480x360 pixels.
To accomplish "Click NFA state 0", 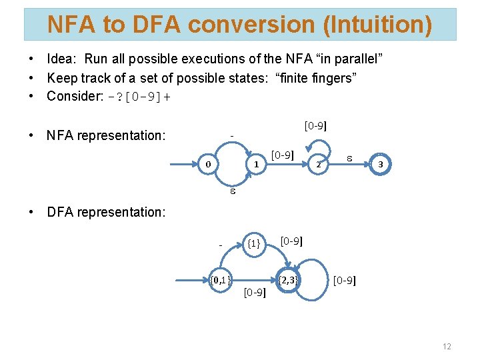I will click(x=209, y=164).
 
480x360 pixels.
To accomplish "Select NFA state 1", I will click(x=255, y=164).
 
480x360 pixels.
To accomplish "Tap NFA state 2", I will click(x=319, y=164).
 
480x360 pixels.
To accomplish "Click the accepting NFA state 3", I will click(x=380, y=164).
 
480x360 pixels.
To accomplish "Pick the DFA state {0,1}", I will click(x=221, y=279).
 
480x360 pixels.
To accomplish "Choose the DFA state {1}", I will click(x=253, y=243).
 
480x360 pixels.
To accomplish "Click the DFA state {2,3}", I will click(x=289, y=279).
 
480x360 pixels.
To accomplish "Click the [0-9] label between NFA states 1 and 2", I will click(x=282, y=155).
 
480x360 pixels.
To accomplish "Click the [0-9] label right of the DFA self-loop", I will click(x=345, y=280).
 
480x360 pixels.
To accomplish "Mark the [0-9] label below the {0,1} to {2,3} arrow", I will click(x=254, y=292).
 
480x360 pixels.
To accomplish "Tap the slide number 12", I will click(x=446, y=347).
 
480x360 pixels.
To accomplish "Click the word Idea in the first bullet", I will click(x=61, y=61).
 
